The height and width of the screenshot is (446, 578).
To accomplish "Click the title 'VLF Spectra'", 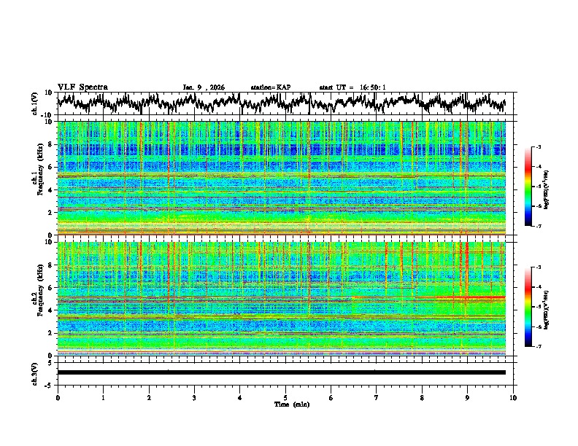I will click(82, 87).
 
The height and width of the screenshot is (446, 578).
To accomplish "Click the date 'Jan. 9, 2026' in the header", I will click(204, 87).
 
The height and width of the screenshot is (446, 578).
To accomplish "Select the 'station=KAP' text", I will click(270, 87).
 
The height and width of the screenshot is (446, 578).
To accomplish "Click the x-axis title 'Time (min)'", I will click(285, 404).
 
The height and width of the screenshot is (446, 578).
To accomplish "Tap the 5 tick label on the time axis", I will click(285, 397).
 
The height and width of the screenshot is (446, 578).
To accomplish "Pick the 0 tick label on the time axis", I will click(58, 397).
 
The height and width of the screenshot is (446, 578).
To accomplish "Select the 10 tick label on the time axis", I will click(514, 397).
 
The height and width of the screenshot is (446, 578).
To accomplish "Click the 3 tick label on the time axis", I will click(194, 397).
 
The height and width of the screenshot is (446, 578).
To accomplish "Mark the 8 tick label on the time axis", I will click(423, 397).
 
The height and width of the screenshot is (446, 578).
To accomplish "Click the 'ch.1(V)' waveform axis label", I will click(35, 103).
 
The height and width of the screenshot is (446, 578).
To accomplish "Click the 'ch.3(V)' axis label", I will click(35, 372).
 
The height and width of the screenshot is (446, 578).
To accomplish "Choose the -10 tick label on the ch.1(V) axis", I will click(46, 115).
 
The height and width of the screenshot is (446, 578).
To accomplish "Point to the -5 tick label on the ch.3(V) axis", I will click(48, 384).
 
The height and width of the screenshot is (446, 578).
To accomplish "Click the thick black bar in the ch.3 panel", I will click(282, 372).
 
